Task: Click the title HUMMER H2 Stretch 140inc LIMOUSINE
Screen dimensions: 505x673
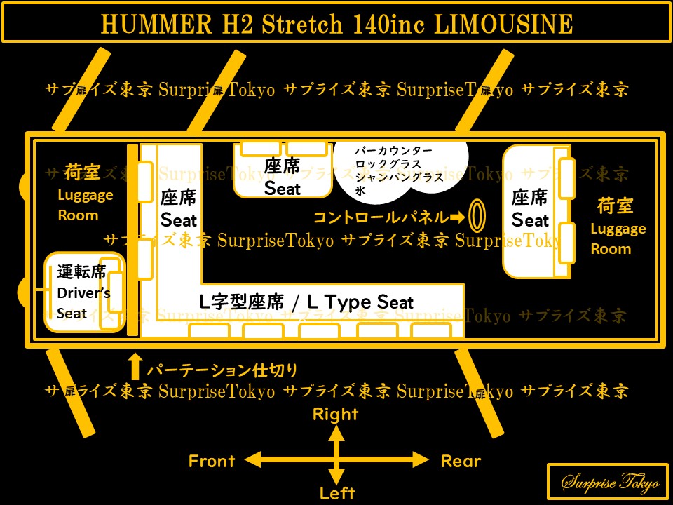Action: [336, 25]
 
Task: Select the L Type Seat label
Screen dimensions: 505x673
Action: [306, 302]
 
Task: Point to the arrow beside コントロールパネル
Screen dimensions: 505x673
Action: [457, 216]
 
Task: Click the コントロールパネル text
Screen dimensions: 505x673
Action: [380, 217]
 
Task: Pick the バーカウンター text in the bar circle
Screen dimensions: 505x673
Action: [393, 151]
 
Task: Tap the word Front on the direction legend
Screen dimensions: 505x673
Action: [211, 461]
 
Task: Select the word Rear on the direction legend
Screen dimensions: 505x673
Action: [461, 461]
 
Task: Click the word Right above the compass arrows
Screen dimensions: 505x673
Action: [336, 414]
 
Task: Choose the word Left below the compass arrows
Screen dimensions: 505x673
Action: [336, 492]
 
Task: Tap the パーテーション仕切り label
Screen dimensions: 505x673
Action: [222, 369]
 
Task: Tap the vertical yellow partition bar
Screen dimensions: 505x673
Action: [132, 239]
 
